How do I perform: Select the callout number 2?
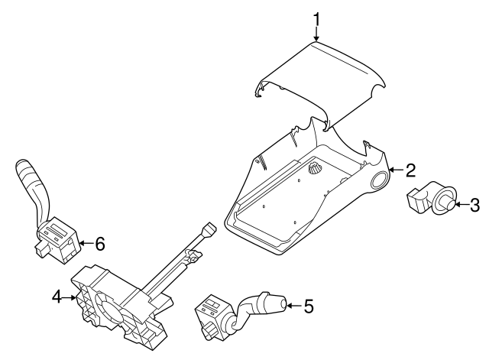click(x=410, y=170)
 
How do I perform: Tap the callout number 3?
click(x=474, y=205)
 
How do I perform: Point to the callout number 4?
click(x=57, y=297)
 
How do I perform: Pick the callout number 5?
click(x=308, y=306)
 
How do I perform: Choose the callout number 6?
click(x=100, y=243)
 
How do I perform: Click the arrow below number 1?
click(x=316, y=34)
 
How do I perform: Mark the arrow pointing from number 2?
click(x=396, y=170)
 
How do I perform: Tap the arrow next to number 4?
click(x=70, y=297)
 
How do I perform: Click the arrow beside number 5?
click(x=294, y=306)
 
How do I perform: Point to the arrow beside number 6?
click(x=86, y=243)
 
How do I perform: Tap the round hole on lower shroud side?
click(x=381, y=180)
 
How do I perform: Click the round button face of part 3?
click(x=448, y=205)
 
